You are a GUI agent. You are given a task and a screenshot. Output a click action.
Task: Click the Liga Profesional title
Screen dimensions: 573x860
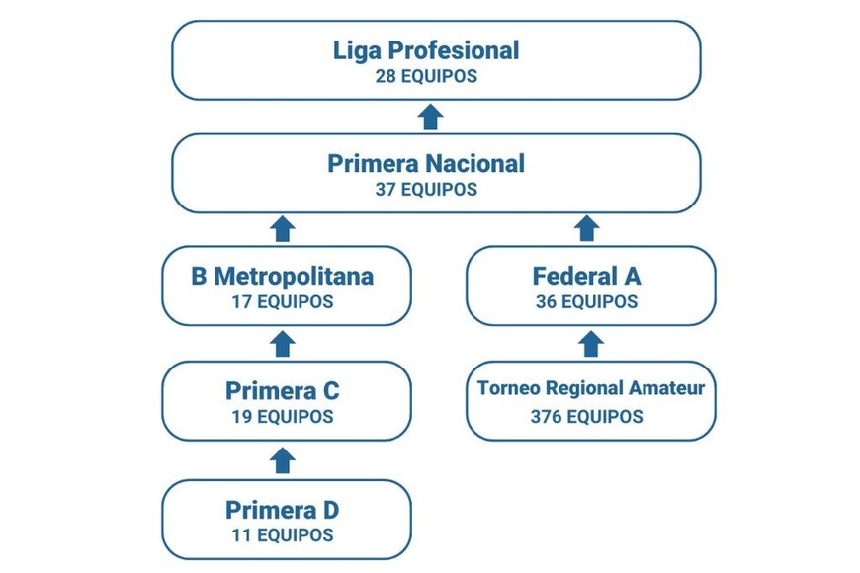(426, 50)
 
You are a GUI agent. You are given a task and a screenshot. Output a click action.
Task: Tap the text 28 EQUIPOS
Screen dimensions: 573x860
(426, 76)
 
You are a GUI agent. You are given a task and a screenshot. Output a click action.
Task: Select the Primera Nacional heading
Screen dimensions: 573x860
(426, 163)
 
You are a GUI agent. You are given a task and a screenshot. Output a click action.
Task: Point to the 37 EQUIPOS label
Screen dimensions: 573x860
(426, 189)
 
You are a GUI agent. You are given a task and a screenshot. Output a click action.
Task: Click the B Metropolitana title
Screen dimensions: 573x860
(283, 276)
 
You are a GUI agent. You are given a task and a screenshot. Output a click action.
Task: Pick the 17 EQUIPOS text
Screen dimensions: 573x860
(283, 302)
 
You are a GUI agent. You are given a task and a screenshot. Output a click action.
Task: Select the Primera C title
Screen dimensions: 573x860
(283, 391)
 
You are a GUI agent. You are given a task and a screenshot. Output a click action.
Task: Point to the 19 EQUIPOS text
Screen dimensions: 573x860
(283, 417)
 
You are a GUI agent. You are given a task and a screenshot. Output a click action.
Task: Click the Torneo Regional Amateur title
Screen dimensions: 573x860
(591, 388)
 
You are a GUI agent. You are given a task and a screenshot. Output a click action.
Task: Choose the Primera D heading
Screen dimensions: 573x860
(283, 510)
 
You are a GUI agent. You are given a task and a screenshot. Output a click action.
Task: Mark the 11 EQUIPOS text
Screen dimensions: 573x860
(283, 535)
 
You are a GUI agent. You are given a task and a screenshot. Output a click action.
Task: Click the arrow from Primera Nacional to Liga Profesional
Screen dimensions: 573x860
(430, 118)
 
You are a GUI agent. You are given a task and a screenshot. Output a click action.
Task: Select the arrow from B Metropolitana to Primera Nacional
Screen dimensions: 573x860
(283, 229)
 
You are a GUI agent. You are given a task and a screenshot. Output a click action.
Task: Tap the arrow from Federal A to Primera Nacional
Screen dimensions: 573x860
(587, 229)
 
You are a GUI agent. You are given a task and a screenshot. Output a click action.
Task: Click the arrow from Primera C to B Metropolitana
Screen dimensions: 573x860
(283, 344)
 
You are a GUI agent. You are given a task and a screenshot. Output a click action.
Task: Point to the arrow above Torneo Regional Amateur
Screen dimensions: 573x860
(590, 344)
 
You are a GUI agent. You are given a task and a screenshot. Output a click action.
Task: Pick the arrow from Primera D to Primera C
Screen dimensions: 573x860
(283, 460)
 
